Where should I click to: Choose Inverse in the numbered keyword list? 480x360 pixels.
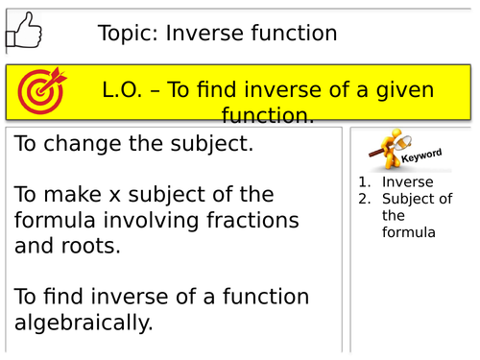point(407,182)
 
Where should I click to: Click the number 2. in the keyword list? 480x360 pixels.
point(365,200)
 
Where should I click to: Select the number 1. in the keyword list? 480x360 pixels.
point(365,182)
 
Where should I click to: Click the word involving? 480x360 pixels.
point(147,221)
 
